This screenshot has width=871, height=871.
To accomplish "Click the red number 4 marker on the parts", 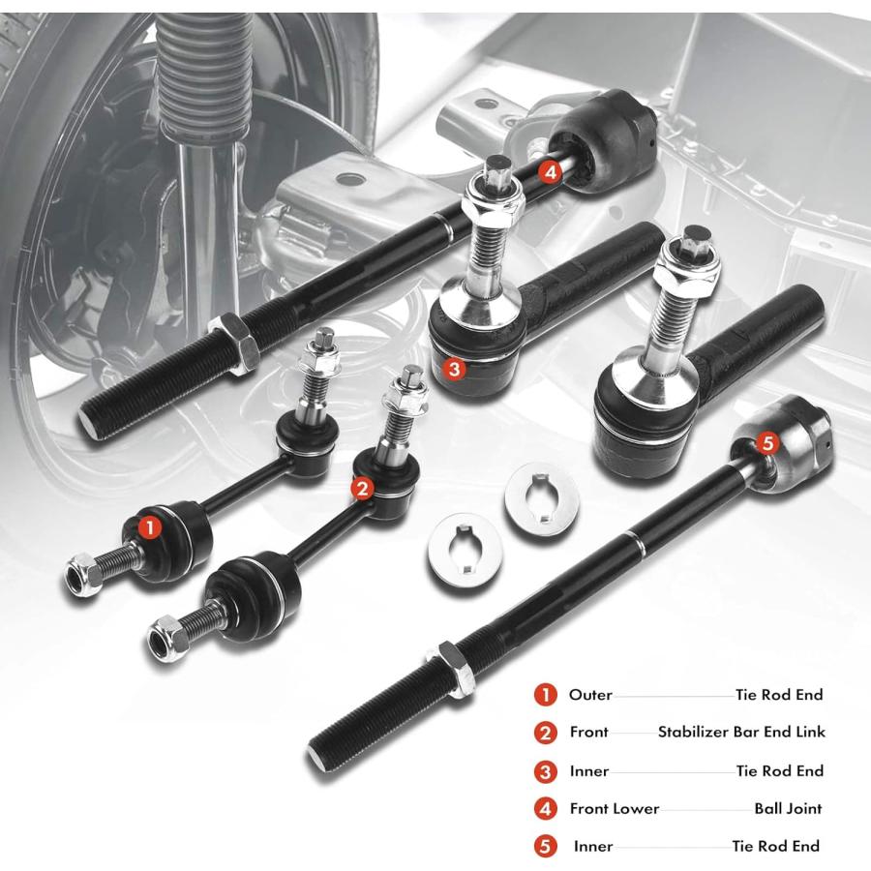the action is tap(550, 171).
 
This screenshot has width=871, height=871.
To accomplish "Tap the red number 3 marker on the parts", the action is tap(454, 369).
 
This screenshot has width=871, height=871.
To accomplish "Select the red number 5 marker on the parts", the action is tap(767, 443).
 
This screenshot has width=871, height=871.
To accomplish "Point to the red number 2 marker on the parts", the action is tap(362, 489).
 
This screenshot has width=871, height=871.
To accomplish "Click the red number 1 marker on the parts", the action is tap(149, 527).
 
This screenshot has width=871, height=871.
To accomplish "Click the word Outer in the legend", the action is tap(590, 695).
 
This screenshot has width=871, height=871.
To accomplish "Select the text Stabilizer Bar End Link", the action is tap(741, 733).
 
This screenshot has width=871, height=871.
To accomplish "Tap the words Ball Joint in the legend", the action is tap(788, 809).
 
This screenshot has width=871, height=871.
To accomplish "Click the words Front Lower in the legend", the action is tap(615, 809).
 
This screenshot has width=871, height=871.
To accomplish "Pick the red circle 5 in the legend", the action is tap(546, 847).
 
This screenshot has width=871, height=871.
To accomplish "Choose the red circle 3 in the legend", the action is tap(546, 771).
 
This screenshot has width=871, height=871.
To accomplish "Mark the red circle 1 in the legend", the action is tap(546, 695).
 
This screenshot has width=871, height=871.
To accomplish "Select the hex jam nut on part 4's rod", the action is tap(237, 343).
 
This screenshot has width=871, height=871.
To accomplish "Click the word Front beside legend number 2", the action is tap(588, 733).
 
